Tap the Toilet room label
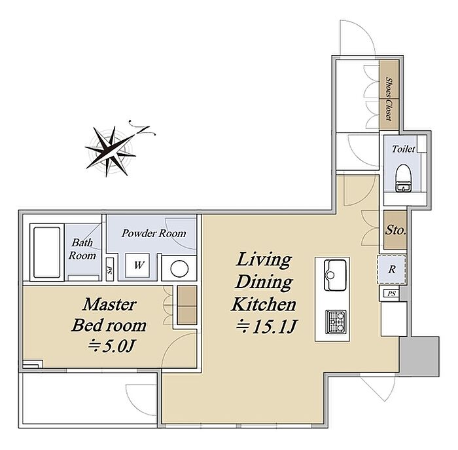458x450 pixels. click(x=404, y=149)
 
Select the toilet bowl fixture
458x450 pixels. click(x=403, y=178)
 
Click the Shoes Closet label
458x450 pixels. click(x=389, y=99)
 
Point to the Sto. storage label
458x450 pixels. click(x=396, y=230)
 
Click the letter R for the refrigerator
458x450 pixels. click(x=392, y=269)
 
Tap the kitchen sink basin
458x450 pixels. click(x=335, y=275)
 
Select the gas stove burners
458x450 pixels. click(x=336, y=322)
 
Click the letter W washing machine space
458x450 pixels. click(x=139, y=265)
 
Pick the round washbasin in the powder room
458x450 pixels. click(x=179, y=269)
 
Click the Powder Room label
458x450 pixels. click(x=154, y=233)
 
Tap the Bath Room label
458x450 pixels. click(x=82, y=249)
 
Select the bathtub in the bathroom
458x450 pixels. click(x=46, y=253)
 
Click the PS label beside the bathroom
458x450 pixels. click(x=109, y=269)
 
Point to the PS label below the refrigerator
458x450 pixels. click(x=392, y=293)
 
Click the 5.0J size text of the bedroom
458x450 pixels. click(x=111, y=346)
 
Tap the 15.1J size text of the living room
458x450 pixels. click(x=267, y=327)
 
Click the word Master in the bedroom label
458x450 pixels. click(x=110, y=305)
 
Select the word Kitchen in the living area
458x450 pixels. click(x=264, y=304)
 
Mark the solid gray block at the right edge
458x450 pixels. click(x=419, y=356)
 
